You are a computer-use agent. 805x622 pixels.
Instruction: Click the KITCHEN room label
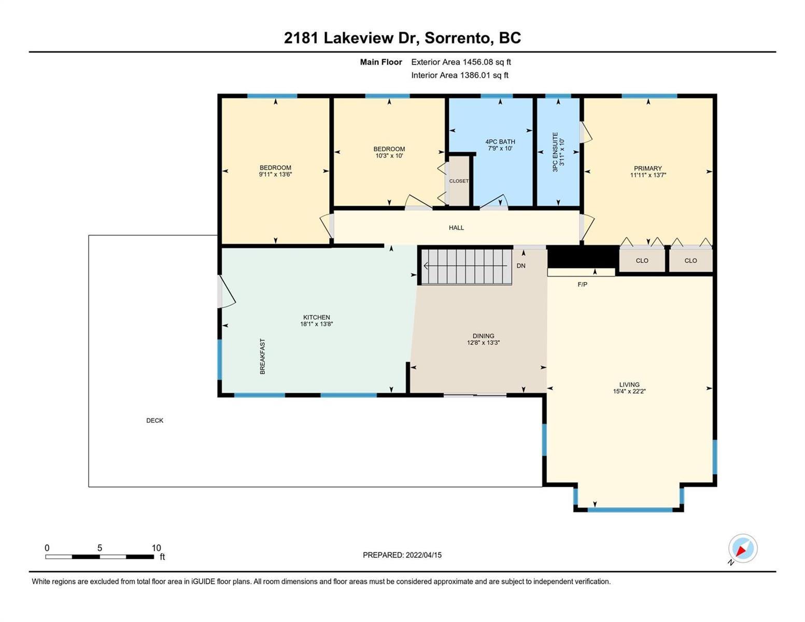coord(316,317)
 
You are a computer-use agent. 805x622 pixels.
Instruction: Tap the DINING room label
coord(483,336)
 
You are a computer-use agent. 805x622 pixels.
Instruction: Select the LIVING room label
coord(629,385)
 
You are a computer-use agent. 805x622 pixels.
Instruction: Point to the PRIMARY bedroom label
coord(647,168)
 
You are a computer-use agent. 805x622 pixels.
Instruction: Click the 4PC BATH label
coord(500,142)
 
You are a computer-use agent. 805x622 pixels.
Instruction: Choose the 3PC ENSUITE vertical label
coord(555,152)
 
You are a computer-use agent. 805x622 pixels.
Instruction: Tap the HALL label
coord(456,228)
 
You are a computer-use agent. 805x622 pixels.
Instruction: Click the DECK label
coord(154,420)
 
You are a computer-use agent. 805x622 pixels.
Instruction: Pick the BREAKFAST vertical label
coord(262,357)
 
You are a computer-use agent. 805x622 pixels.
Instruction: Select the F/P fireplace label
coord(582,285)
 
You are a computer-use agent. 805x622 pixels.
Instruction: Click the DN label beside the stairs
coord(521,265)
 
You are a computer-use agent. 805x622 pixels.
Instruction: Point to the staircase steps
coord(467,267)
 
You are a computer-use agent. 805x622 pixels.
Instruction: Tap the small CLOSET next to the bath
coord(459,181)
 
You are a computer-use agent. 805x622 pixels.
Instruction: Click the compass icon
coord(743,548)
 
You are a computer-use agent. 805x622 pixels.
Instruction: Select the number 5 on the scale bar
coord(100,548)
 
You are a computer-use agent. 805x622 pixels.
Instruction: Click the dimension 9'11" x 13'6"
coord(275,174)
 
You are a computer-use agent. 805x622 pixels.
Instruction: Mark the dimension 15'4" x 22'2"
coord(629,391)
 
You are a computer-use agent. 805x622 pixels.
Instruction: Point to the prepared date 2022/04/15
coord(423,555)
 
